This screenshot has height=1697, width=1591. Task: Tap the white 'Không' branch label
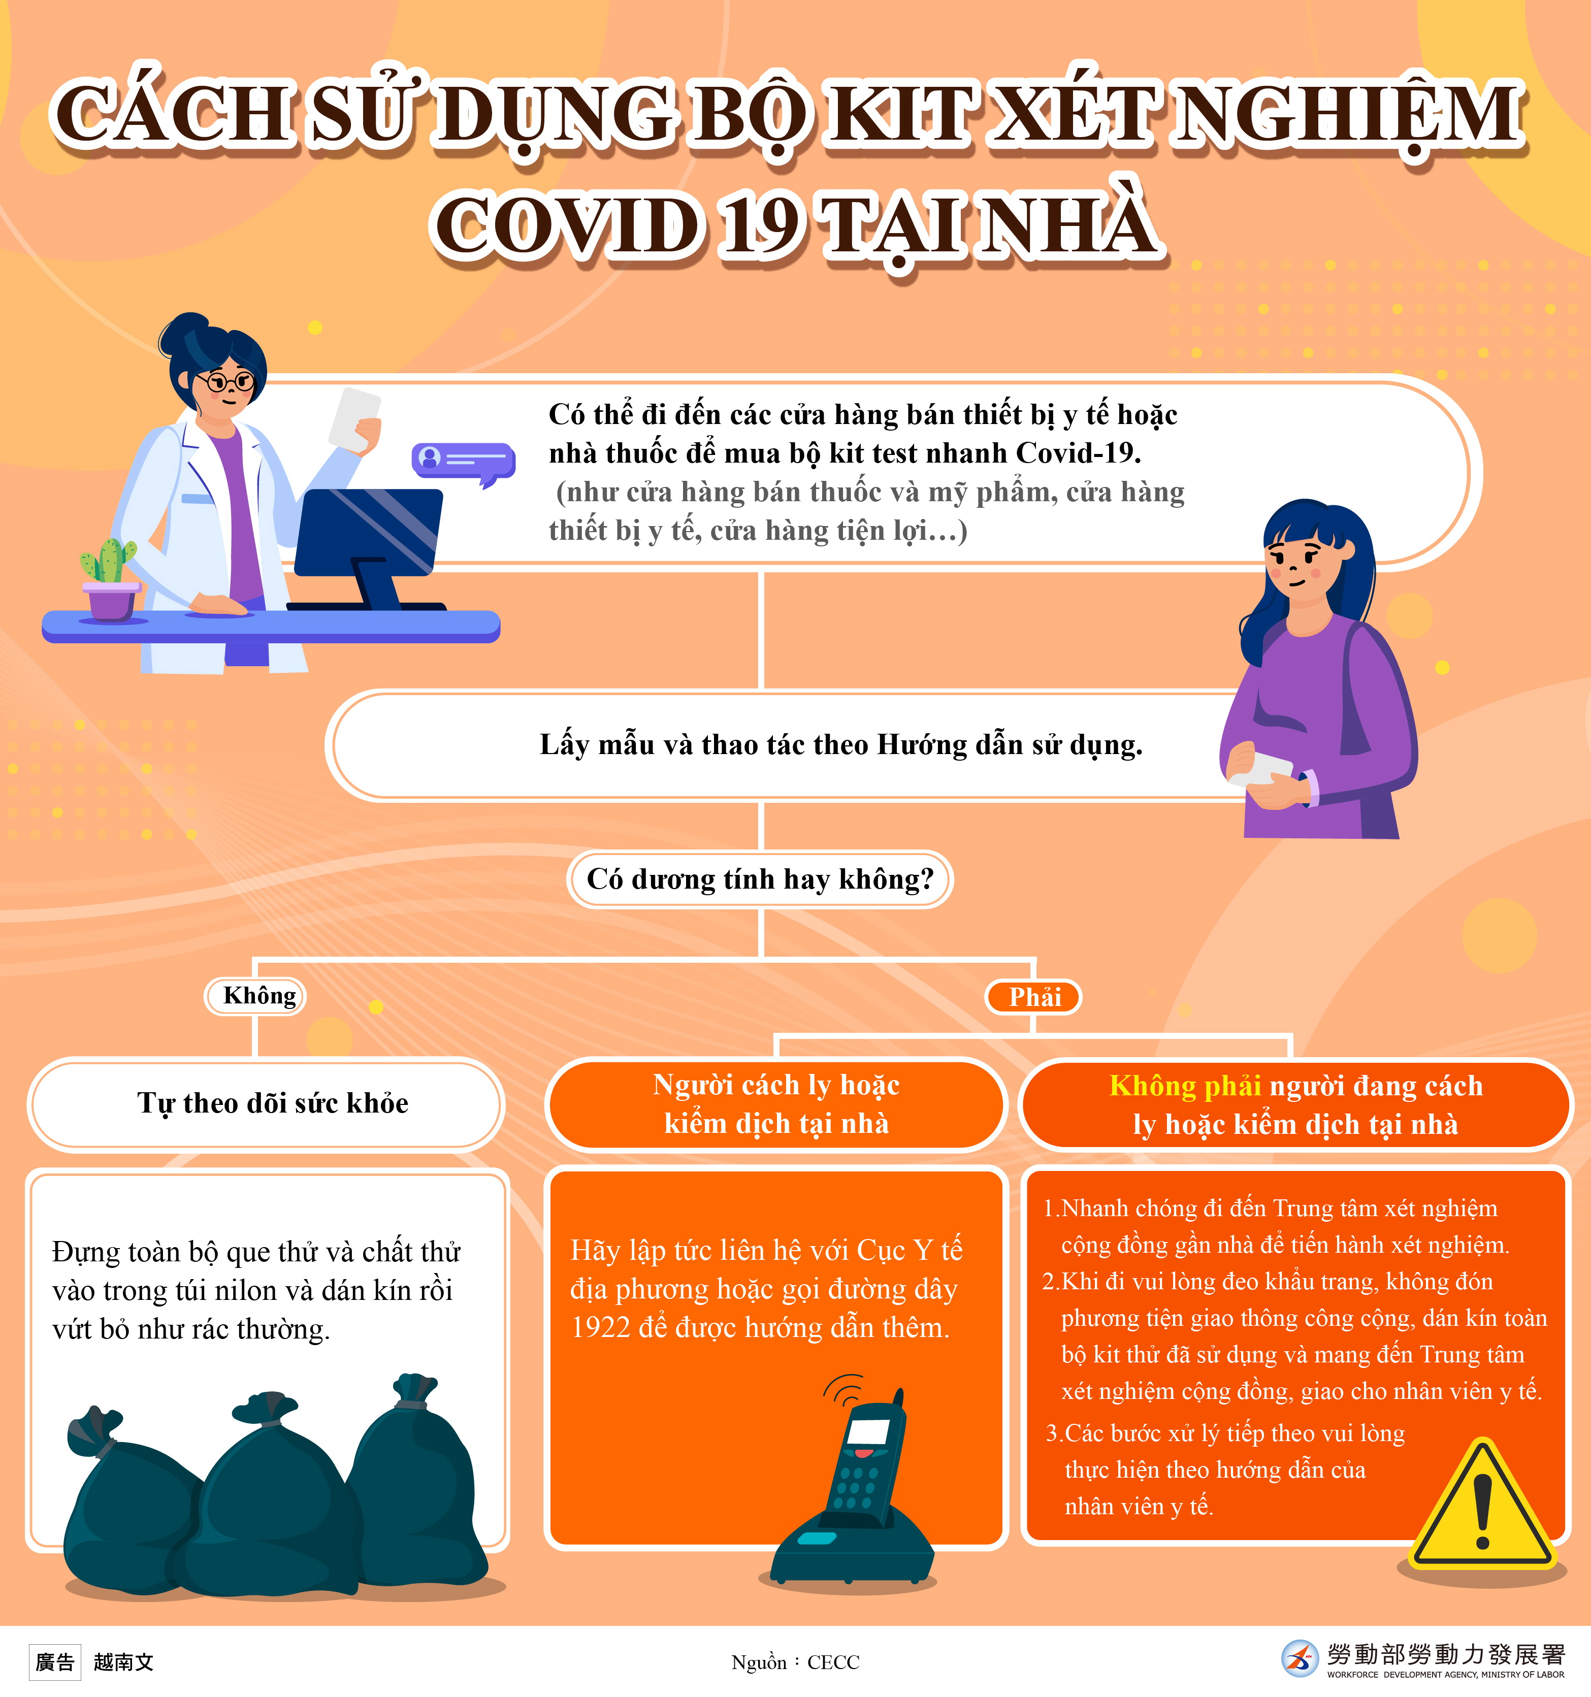[x=255, y=995]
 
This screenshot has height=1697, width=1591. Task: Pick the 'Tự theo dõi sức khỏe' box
[x=266, y=1103]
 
